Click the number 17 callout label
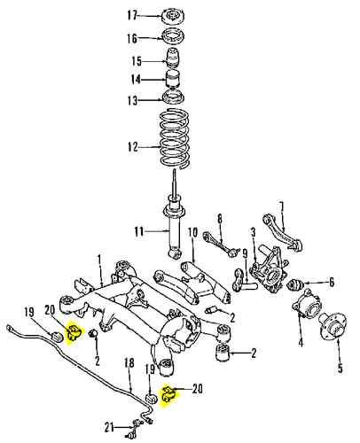[132, 15]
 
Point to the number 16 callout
[132, 38]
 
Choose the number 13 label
[132, 100]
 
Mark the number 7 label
[281, 207]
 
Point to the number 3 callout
[253, 233]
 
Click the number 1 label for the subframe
[100, 261]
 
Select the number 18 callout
[129, 363]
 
